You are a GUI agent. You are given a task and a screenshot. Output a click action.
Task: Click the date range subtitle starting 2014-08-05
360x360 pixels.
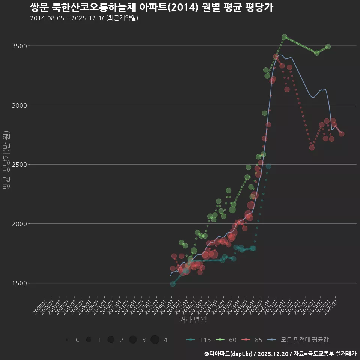(x=84, y=18)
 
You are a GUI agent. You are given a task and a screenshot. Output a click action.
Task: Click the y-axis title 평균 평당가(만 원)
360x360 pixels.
(x=6, y=161)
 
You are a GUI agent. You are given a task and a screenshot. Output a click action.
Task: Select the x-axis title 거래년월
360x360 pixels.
(x=193, y=319)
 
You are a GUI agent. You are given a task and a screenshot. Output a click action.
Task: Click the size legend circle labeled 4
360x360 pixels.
(x=155, y=340)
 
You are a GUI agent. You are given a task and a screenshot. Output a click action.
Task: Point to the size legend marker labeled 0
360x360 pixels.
(x=67, y=340)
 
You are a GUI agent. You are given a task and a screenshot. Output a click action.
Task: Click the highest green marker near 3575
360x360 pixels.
(x=284, y=37)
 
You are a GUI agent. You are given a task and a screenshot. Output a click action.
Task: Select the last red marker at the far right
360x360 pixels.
(x=342, y=134)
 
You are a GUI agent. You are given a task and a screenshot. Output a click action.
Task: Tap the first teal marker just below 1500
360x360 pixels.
(x=172, y=284)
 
